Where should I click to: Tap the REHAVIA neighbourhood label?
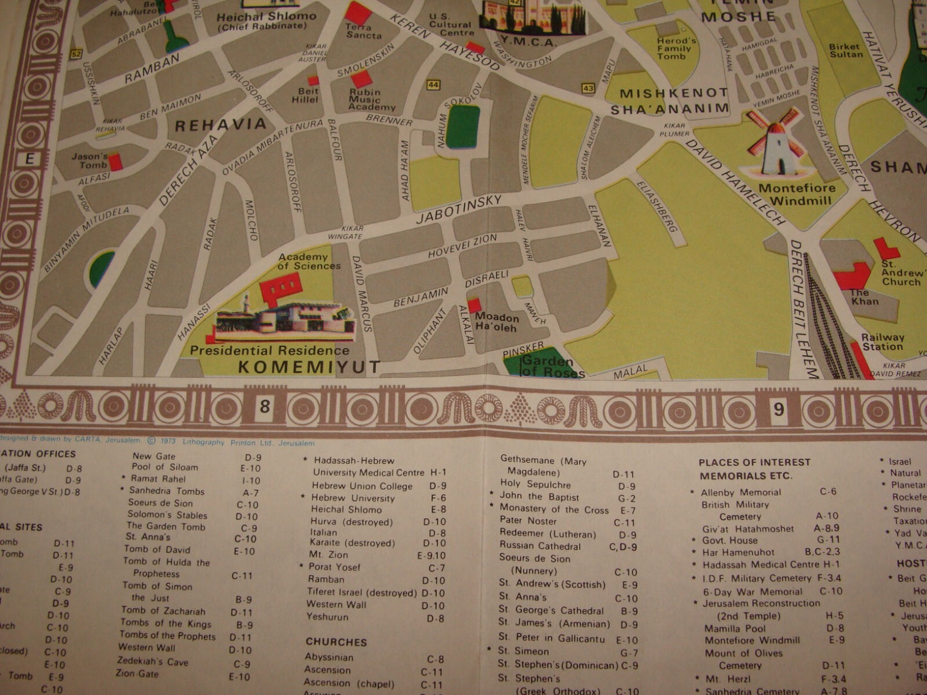click(x=220, y=124)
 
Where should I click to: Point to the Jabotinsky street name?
click(x=458, y=209)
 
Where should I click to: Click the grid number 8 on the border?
click(x=264, y=408)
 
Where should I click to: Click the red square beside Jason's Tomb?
click(x=115, y=162)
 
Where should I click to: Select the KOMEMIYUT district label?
click(x=309, y=367)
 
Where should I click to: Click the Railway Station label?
click(x=882, y=342)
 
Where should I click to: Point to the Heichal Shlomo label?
click(x=266, y=17)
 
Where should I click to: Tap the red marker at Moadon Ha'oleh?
click(x=474, y=305)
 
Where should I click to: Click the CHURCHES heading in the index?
click(x=336, y=642)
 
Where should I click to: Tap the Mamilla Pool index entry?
click(x=735, y=628)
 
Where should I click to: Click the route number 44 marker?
click(x=434, y=85)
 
